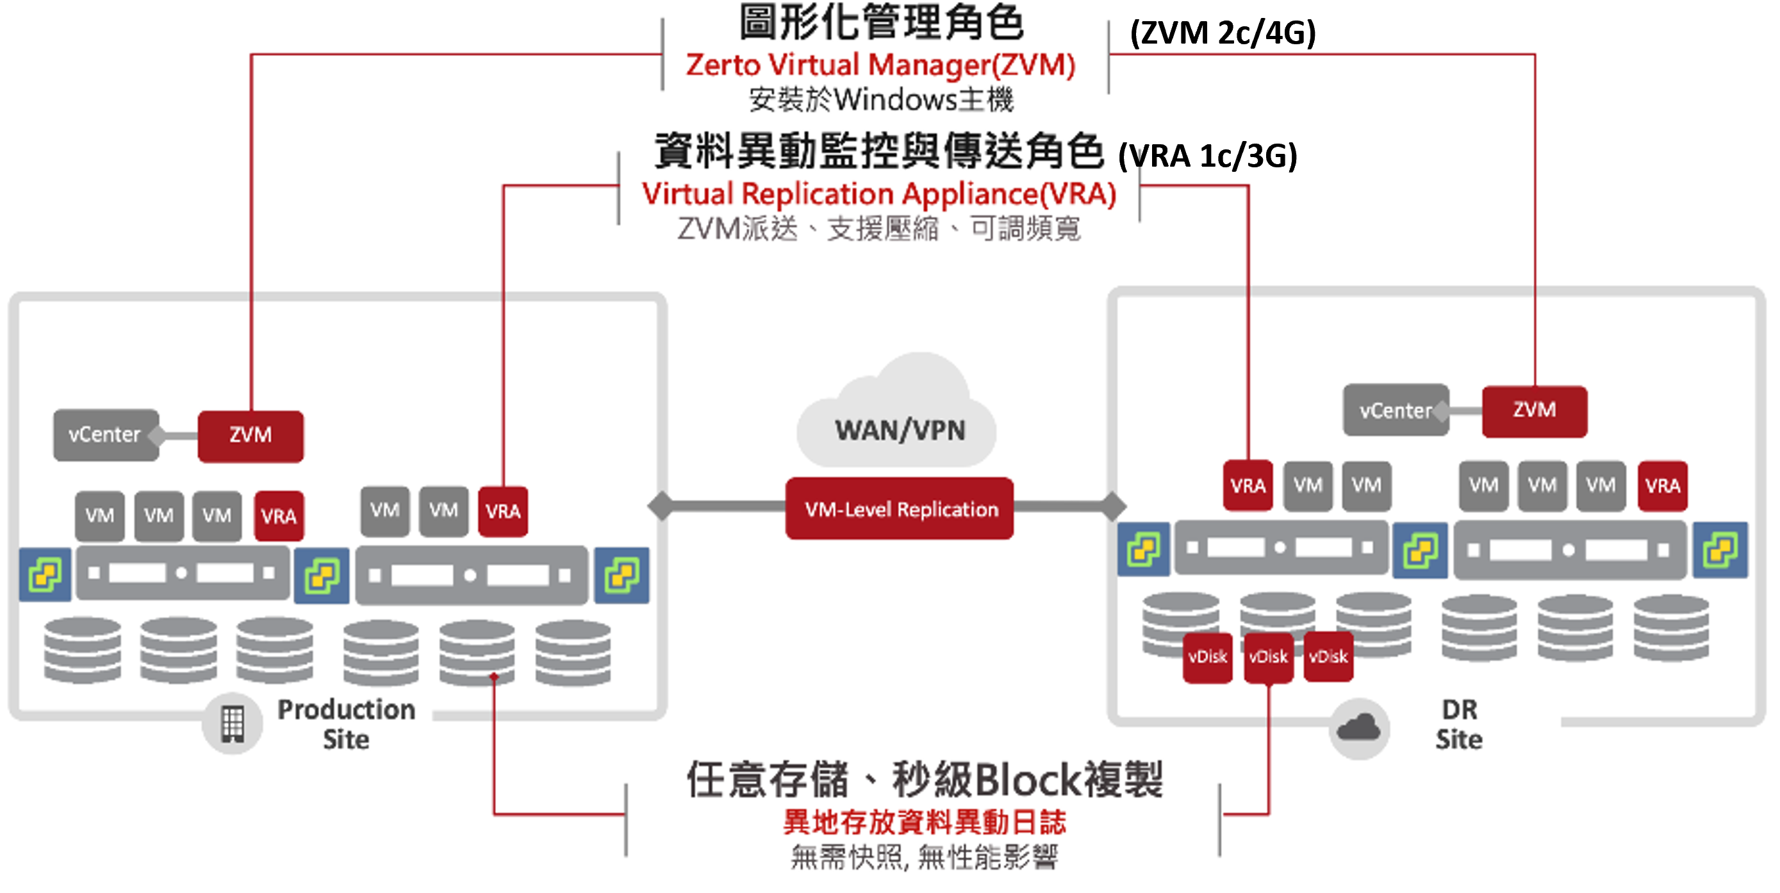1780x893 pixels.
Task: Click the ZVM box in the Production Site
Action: point(250,435)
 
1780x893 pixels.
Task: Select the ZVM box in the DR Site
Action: point(1534,410)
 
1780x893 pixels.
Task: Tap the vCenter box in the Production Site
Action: point(105,435)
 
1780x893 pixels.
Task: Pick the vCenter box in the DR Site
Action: point(1395,410)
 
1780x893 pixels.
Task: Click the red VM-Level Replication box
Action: point(900,510)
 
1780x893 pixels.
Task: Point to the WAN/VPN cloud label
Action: point(900,430)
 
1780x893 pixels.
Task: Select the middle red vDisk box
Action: point(1268,656)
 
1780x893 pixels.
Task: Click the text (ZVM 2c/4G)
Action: point(1223,33)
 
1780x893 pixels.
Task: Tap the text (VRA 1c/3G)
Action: point(1207,156)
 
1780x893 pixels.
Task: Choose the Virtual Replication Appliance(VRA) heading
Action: point(879,194)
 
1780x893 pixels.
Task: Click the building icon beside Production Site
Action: point(232,724)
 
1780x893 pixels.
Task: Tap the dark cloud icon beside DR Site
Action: point(1358,728)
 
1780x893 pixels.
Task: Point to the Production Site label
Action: point(345,724)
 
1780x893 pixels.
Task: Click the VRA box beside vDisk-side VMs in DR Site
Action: point(1248,486)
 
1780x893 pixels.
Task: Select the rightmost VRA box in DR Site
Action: point(1662,486)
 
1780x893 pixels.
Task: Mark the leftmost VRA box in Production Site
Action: point(279,516)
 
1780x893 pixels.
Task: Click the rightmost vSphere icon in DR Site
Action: point(1720,550)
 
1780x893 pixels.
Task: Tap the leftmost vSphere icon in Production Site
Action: point(45,574)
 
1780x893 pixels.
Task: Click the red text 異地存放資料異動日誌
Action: point(924,822)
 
